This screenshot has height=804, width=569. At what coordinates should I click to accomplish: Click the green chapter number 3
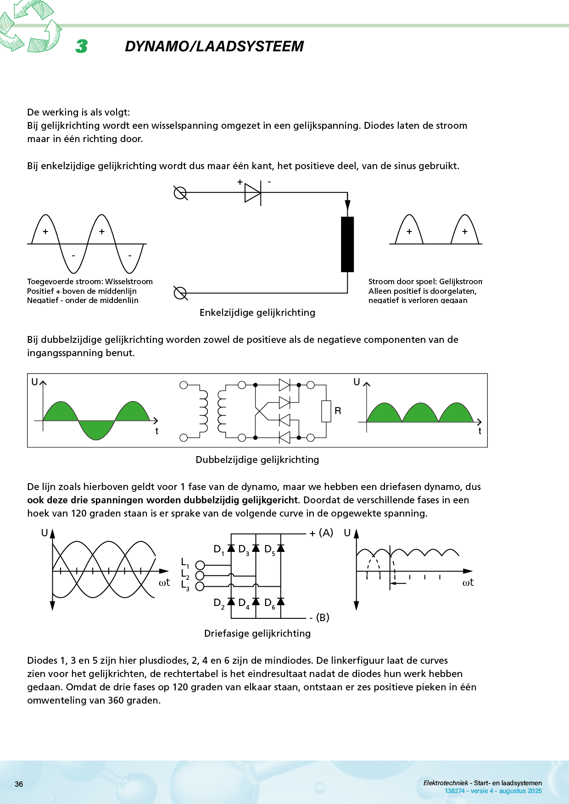[82, 46]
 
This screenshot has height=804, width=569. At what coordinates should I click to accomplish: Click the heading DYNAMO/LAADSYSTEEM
[214, 46]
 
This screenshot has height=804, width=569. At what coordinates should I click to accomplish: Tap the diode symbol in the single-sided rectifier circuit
[252, 193]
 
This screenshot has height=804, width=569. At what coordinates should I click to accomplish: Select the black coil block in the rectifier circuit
[347, 244]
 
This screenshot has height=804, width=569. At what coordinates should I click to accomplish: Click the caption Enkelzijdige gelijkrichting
[257, 313]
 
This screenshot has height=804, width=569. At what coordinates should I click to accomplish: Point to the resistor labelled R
[326, 411]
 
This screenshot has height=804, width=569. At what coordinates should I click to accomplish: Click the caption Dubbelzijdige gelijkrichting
[257, 460]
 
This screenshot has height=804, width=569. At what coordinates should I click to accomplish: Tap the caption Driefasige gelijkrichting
[257, 633]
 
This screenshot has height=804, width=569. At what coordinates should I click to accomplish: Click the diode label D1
[218, 550]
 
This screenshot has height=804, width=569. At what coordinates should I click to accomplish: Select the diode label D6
[269, 603]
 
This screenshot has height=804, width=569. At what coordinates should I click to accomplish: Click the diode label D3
[243, 550]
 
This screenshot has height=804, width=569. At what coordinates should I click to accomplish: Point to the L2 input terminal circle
[200, 576]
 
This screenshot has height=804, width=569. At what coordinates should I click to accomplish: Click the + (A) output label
[321, 533]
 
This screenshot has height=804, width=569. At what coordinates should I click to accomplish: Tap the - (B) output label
[320, 617]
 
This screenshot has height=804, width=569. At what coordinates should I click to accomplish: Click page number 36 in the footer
[19, 784]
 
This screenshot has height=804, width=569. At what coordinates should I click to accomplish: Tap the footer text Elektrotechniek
[446, 783]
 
